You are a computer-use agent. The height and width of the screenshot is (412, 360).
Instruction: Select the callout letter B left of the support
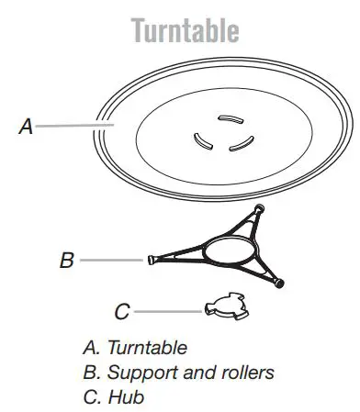66,261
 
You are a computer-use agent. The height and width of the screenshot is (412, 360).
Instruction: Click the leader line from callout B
110,261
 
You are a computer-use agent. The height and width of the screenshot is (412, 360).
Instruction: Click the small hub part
223,305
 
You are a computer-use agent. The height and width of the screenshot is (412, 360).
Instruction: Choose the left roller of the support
147,260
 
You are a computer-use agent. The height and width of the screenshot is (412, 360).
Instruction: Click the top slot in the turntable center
228,117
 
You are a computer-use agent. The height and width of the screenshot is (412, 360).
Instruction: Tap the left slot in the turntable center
200,139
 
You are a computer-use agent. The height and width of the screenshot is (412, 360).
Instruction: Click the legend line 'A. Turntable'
135,348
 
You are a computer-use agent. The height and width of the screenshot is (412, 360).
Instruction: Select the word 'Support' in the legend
133,374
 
